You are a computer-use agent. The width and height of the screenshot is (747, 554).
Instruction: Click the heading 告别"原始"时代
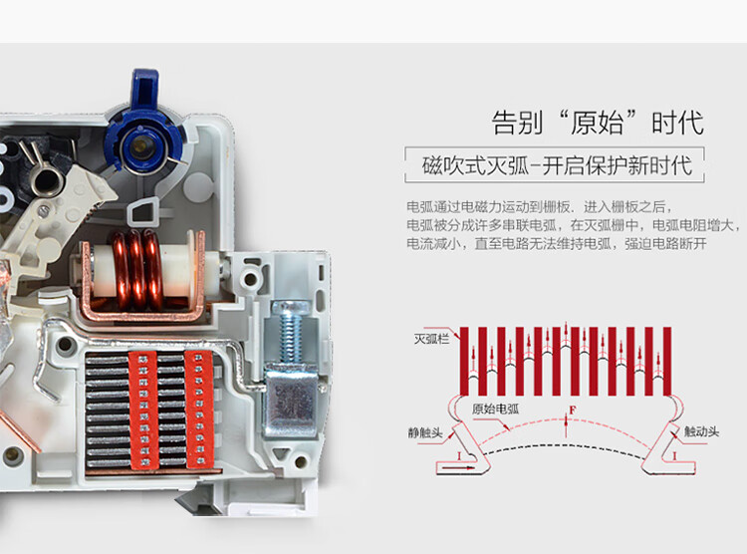(x=598, y=124)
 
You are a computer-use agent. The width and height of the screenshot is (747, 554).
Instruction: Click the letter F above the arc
(x=572, y=410)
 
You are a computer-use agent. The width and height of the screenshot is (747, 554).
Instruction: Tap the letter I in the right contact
(x=676, y=455)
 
